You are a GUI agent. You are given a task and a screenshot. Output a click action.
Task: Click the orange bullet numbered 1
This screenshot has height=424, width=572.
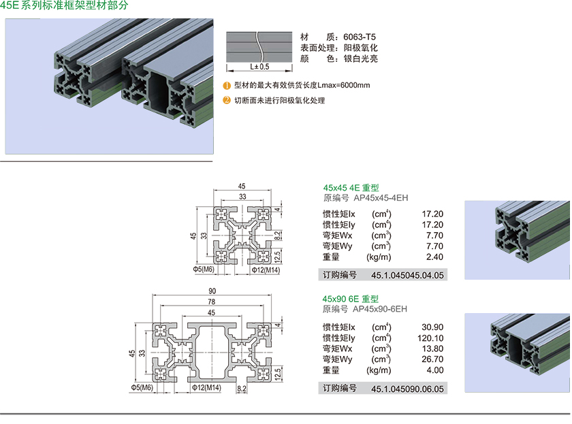coord(227,86)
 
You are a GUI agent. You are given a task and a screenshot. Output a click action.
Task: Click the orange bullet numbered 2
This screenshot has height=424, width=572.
coord(227,101)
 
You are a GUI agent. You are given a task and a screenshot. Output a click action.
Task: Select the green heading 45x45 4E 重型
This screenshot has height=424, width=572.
coord(351,189)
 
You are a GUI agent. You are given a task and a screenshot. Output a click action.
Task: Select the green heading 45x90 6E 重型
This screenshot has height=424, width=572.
coord(351,299)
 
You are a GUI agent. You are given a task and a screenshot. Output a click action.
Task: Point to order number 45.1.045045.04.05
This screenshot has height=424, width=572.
coord(407,276)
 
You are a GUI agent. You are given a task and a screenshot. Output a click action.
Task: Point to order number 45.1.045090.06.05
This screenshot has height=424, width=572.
coord(407,389)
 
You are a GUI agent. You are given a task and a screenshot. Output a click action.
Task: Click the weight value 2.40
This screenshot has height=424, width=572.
coord(434,257)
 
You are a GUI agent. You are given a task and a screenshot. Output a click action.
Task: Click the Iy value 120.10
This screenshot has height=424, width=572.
coord(430,338)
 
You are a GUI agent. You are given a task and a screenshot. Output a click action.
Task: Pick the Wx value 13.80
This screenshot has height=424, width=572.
coord(433,348)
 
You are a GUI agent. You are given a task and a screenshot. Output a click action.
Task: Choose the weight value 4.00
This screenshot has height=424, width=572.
coord(434,370)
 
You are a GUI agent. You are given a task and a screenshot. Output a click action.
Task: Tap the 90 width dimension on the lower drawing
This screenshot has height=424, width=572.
coord(212,291)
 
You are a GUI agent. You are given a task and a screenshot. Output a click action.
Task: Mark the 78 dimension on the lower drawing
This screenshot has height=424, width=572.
coord(212,301)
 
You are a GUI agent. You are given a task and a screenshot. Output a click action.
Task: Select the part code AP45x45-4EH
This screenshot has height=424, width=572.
coord(381,198)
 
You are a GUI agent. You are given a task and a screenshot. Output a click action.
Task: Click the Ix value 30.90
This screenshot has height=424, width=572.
coord(432,327)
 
